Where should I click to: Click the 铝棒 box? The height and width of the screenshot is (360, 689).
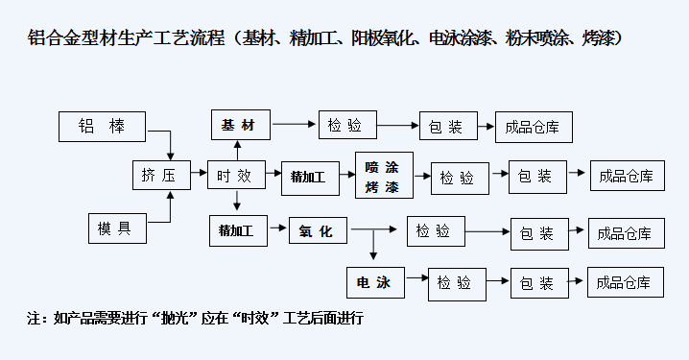tap(102, 125)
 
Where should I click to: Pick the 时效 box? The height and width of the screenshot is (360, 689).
tap(234, 176)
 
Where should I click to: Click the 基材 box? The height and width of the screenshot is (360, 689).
tap(240, 125)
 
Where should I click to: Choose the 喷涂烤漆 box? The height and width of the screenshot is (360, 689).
tap(383, 177)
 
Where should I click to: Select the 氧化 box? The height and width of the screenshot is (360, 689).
tap(317, 230)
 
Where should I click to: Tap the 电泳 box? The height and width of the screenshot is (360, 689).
tap(375, 282)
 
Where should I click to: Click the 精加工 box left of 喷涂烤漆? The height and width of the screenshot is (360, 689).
tap(308, 177)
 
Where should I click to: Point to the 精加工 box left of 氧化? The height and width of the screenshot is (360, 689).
tap(236, 230)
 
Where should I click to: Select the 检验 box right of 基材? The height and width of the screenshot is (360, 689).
tap(345, 125)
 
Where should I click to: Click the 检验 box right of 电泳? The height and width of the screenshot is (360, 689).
tap(455, 282)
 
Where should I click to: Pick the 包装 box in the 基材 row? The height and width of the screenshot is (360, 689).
tap(447, 126)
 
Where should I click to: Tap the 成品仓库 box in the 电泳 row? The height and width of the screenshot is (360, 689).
tap(625, 282)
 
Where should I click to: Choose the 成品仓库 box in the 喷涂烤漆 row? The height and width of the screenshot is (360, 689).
tap(625, 176)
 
